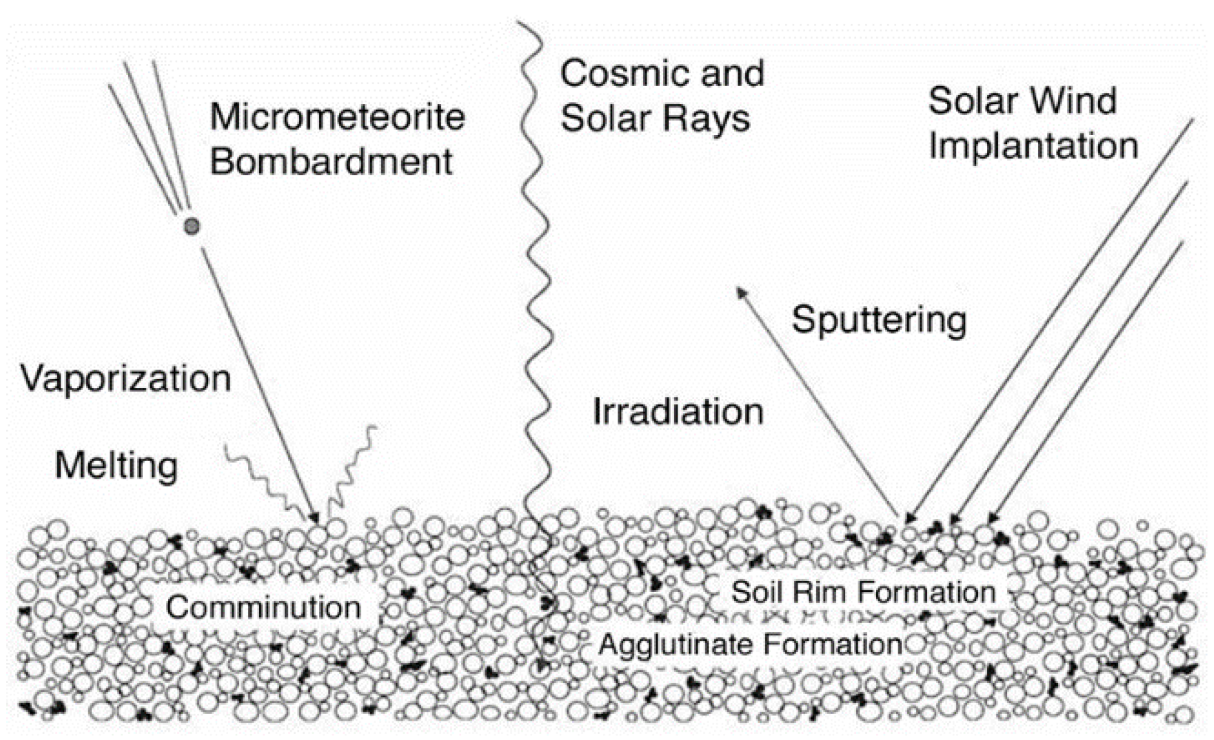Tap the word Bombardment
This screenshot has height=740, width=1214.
[x=331, y=162]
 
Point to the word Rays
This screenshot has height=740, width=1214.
[x=714, y=119]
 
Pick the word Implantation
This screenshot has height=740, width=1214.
[x=1033, y=146]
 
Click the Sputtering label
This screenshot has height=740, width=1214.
[x=879, y=320]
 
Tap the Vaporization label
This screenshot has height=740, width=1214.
[x=125, y=378]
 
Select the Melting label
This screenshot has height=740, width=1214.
[x=117, y=465]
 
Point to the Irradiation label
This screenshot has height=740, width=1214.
[x=678, y=412]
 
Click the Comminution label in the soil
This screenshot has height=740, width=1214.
[x=263, y=607]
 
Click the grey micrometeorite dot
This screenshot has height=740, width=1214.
[x=192, y=226]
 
